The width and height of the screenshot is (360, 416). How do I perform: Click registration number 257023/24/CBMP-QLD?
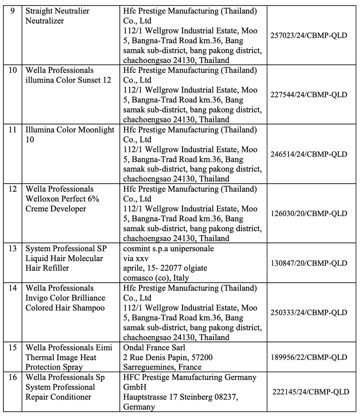click(x=309, y=35)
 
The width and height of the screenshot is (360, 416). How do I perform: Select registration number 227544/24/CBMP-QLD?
click(x=309, y=94)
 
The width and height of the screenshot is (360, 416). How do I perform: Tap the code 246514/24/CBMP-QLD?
click(x=309, y=154)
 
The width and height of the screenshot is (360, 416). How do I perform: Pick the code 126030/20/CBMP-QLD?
click(x=309, y=213)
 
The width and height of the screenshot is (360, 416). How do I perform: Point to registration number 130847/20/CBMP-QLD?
click(x=309, y=263)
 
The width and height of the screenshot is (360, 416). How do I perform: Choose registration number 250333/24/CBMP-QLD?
click(x=309, y=312)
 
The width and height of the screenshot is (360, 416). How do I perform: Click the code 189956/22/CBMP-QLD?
click(x=309, y=357)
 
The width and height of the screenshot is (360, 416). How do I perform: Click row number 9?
click(x=12, y=11)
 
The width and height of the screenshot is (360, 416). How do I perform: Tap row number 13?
click(x=13, y=248)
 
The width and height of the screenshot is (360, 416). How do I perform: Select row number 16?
click(x=13, y=377)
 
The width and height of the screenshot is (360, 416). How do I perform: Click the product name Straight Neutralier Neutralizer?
click(x=57, y=16)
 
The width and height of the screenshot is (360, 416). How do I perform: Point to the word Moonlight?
click(x=96, y=129)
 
